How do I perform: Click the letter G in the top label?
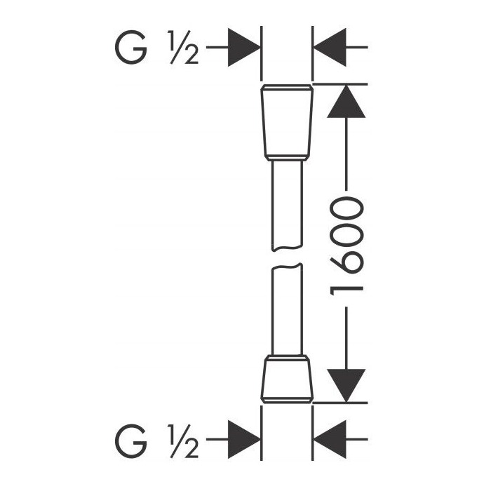click(x=131, y=47)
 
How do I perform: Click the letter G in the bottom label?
click(x=131, y=441)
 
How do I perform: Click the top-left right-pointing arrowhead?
click(x=244, y=47)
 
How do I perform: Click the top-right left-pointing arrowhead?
click(x=330, y=47)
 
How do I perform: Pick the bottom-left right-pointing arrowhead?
click(x=244, y=439)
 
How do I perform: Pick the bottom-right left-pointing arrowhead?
click(x=330, y=439)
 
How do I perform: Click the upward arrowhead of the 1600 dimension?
click(x=347, y=101)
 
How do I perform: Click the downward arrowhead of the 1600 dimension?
click(x=347, y=386)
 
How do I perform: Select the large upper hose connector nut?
click(x=287, y=123)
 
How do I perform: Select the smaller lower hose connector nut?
click(x=287, y=379)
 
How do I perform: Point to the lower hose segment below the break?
click(x=287, y=309)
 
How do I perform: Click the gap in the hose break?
click(x=287, y=257)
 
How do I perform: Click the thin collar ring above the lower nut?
click(x=287, y=358)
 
